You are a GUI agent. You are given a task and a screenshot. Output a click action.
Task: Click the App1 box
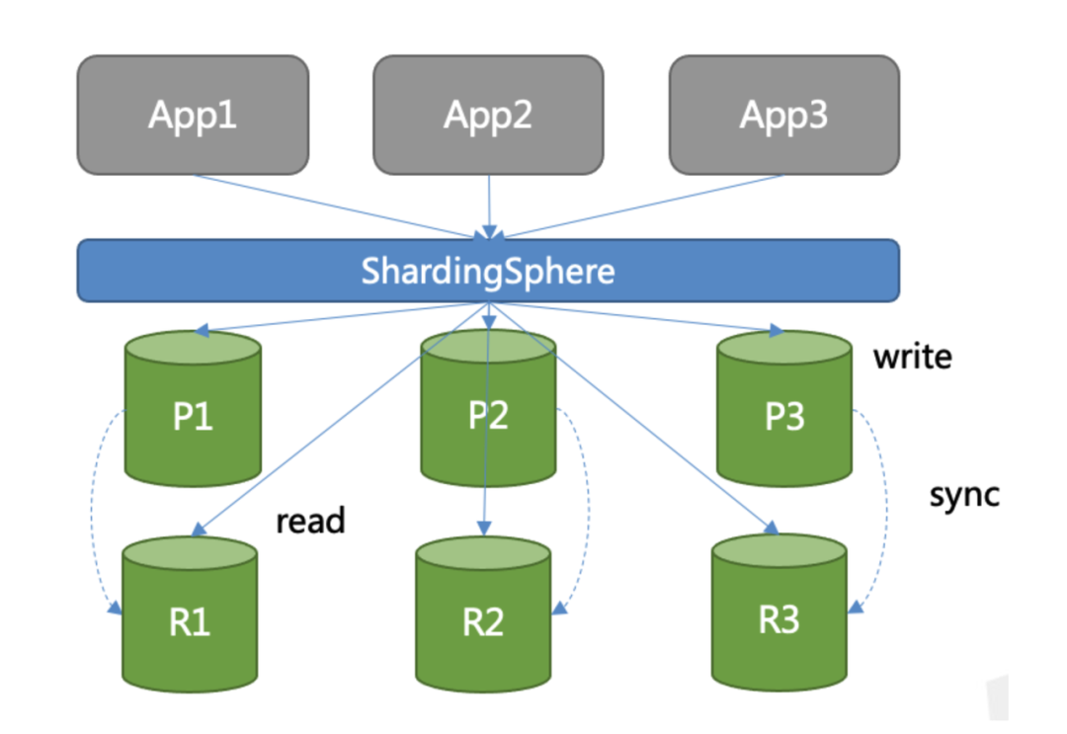coord(193,115)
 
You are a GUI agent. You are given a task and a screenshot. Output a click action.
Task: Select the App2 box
coord(488,115)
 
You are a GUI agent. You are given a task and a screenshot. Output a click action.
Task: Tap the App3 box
coord(783,115)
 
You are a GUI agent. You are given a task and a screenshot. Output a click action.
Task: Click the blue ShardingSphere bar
coord(488,271)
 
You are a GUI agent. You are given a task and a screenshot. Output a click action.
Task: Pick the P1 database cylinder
coord(193,409)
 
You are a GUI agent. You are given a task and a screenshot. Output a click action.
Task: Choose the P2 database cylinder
coord(488,409)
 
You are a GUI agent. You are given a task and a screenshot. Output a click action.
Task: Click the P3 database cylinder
coord(783,409)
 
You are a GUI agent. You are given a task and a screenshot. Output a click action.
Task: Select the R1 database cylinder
coord(189,614)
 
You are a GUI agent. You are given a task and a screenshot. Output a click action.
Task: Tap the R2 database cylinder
coord(483,614)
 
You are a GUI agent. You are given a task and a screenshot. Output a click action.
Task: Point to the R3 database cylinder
coord(780,612)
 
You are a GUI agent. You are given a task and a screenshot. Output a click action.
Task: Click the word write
coord(913,357)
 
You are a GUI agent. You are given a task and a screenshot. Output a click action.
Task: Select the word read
coord(310,521)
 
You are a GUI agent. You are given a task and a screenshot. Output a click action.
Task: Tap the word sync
coord(964,495)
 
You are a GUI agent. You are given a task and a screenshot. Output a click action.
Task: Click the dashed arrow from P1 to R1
coord(92,510)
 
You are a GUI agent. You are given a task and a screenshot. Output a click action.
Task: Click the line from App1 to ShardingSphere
coord(340,206)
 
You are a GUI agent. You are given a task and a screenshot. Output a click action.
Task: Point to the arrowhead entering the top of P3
coord(777,331)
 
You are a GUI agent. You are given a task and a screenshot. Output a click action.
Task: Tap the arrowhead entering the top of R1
coord(198,530)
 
